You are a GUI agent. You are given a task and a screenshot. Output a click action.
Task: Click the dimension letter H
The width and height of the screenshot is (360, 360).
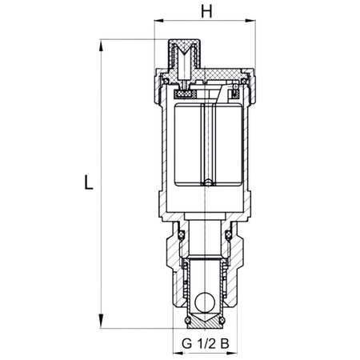tap(206, 12)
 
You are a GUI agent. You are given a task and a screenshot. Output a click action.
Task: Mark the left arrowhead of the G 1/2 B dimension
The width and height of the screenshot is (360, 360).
tap(177, 334)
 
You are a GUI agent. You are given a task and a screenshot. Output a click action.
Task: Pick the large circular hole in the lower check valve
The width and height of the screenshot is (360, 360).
tap(206, 303)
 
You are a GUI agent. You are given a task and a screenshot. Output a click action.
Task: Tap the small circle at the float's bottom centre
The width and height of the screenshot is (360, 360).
tap(206, 185)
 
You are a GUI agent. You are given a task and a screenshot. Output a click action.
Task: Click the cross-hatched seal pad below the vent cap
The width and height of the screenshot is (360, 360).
tap(186, 94)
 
